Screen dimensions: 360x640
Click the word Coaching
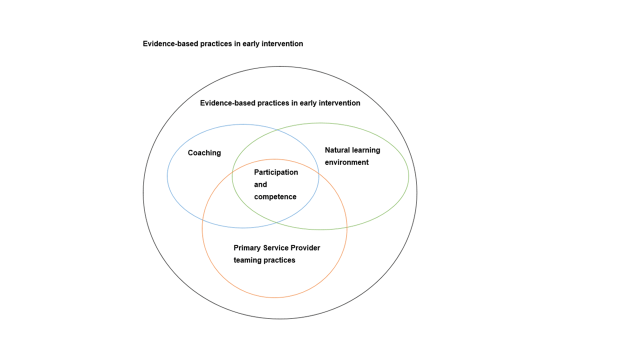click(204, 153)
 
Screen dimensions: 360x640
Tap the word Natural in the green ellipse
click(339, 149)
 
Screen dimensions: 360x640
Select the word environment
click(347, 161)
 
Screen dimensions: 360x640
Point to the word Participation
click(275, 172)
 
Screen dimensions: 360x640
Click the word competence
click(275, 196)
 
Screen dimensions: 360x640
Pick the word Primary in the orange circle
click(247, 248)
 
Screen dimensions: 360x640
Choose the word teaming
click(248, 260)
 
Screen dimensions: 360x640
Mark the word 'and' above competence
click(260, 184)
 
